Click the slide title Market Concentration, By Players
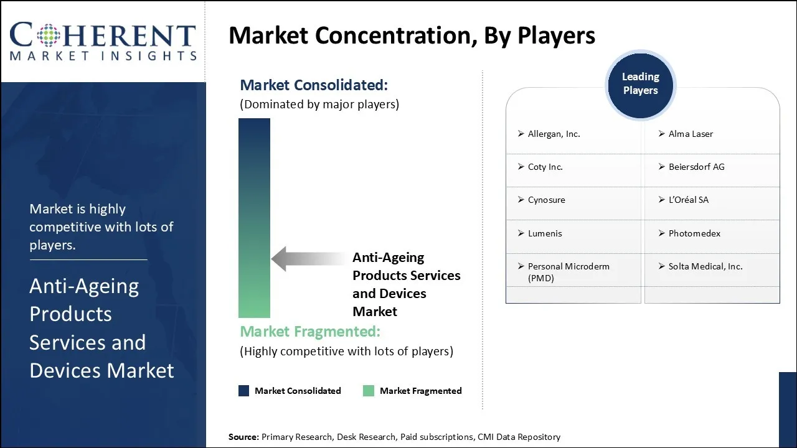tap(412, 35)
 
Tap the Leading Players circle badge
tap(640, 84)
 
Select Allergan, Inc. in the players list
tap(554, 134)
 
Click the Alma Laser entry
tap(691, 134)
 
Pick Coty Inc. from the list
tap(545, 167)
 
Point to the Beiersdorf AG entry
tap(696, 167)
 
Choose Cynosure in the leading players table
tap(546, 200)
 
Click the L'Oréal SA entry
tap(688, 200)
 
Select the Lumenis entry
tap(545, 233)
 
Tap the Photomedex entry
tap(694, 233)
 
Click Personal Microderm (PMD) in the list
tap(568, 272)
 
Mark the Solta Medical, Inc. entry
tap(705, 266)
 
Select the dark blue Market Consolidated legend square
tap(244, 391)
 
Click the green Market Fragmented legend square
tap(369, 391)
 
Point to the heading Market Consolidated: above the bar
tap(313, 85)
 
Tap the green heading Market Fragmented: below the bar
tap(309, 331)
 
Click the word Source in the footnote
tap(243, 437)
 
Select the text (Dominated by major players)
tap(319, 105)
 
